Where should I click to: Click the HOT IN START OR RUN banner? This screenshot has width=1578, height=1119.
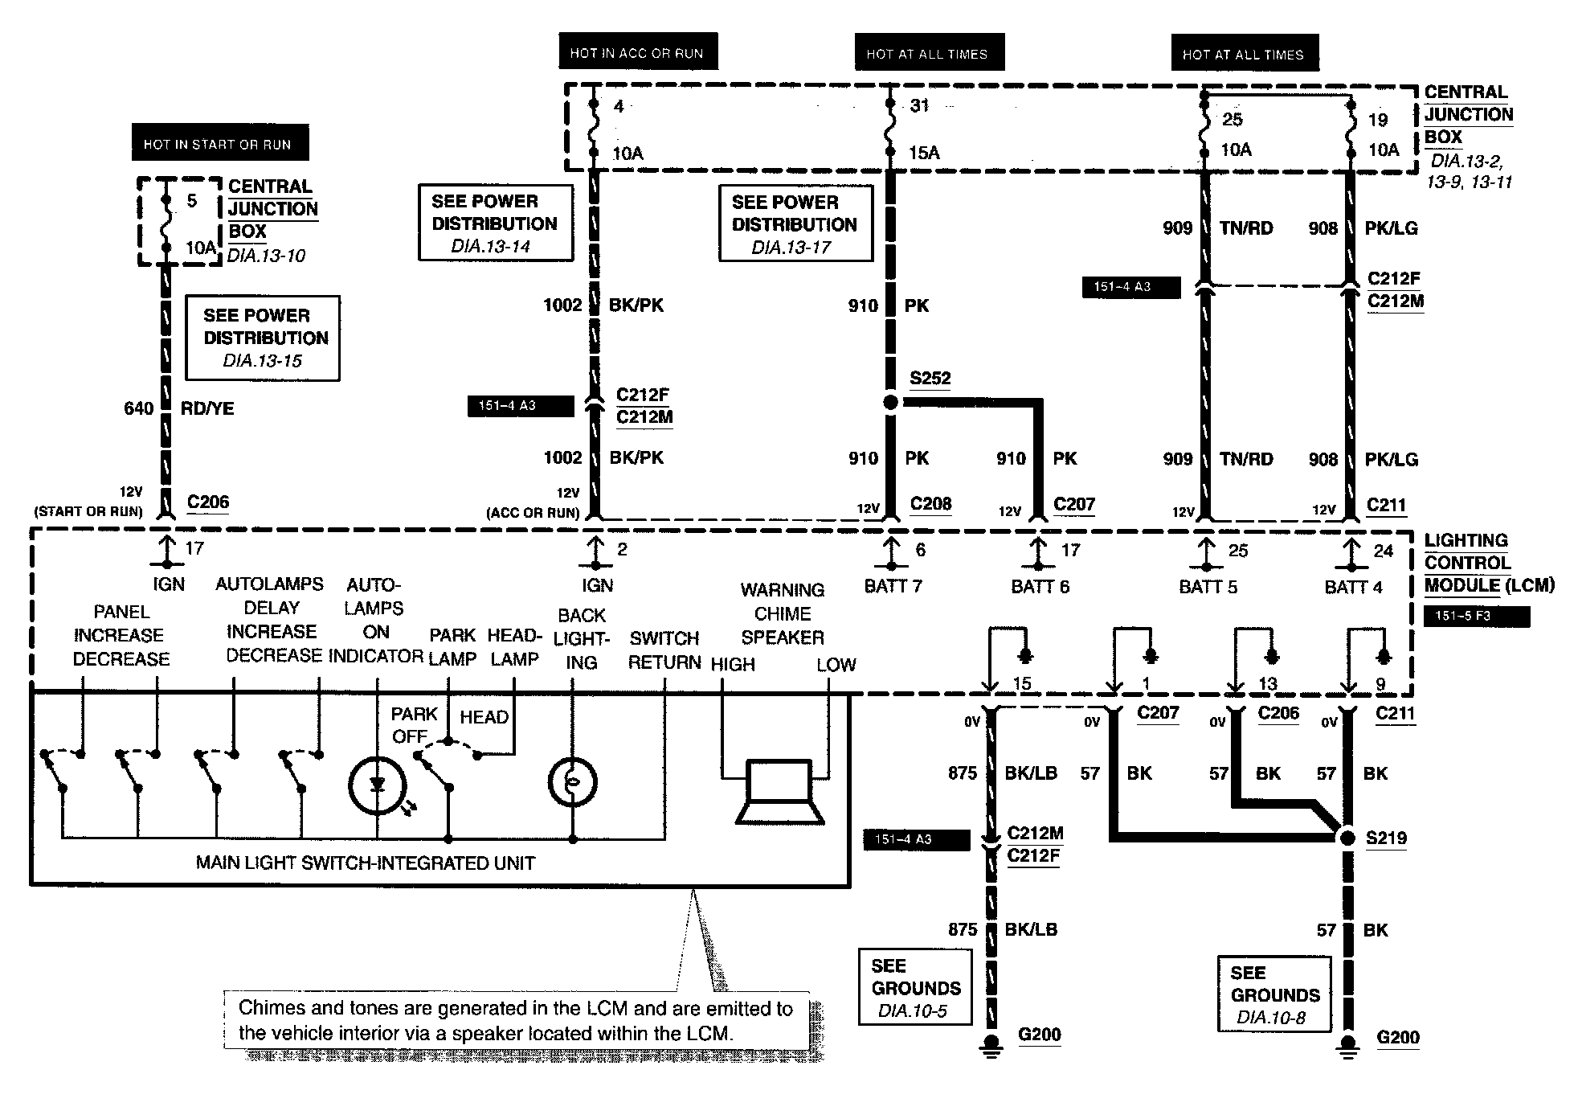pyautogui.click(x=219, y=143)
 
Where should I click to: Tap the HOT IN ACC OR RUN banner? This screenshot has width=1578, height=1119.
pyautogui.click(x=637, y=52)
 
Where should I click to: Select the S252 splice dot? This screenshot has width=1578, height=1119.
pyautogui.click(x=890, y=402)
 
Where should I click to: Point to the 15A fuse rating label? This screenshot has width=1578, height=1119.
pyautogui.click(x=924, y=153)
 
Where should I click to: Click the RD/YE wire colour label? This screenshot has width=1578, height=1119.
pyautogui.click(x=207, y=408)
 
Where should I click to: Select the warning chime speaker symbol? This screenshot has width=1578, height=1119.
pyautogui.click(x=779, y=792)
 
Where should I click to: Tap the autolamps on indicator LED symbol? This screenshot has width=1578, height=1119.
pyautogui.click(x=378, y=785)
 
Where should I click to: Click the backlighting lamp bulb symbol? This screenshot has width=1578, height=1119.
pyautogui.click(x=572, y=782)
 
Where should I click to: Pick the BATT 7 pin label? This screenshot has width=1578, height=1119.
pyautogui.click(x=893, y=586)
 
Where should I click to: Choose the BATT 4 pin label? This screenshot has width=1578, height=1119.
pyautogui.click(x=1353, y=587)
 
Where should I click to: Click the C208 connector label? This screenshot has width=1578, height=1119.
pyautogui.click(x=930, y=504)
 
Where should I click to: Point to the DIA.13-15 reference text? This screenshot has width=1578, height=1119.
pyautogui.click(x=262, y=361)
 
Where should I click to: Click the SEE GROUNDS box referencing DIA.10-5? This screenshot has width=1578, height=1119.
pyautogui.click(x=915, y=987)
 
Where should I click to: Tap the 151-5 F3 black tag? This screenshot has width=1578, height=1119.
pyautogui.click(x=1476, y=617)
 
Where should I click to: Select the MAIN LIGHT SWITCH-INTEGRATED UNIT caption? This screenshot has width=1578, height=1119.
pyautogui.click(x=365, y=863)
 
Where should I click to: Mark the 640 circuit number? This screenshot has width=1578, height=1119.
pyautogui.click(x=138, y=408)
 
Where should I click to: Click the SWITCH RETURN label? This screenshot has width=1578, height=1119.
pyautogui.click(x=664, y=650)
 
